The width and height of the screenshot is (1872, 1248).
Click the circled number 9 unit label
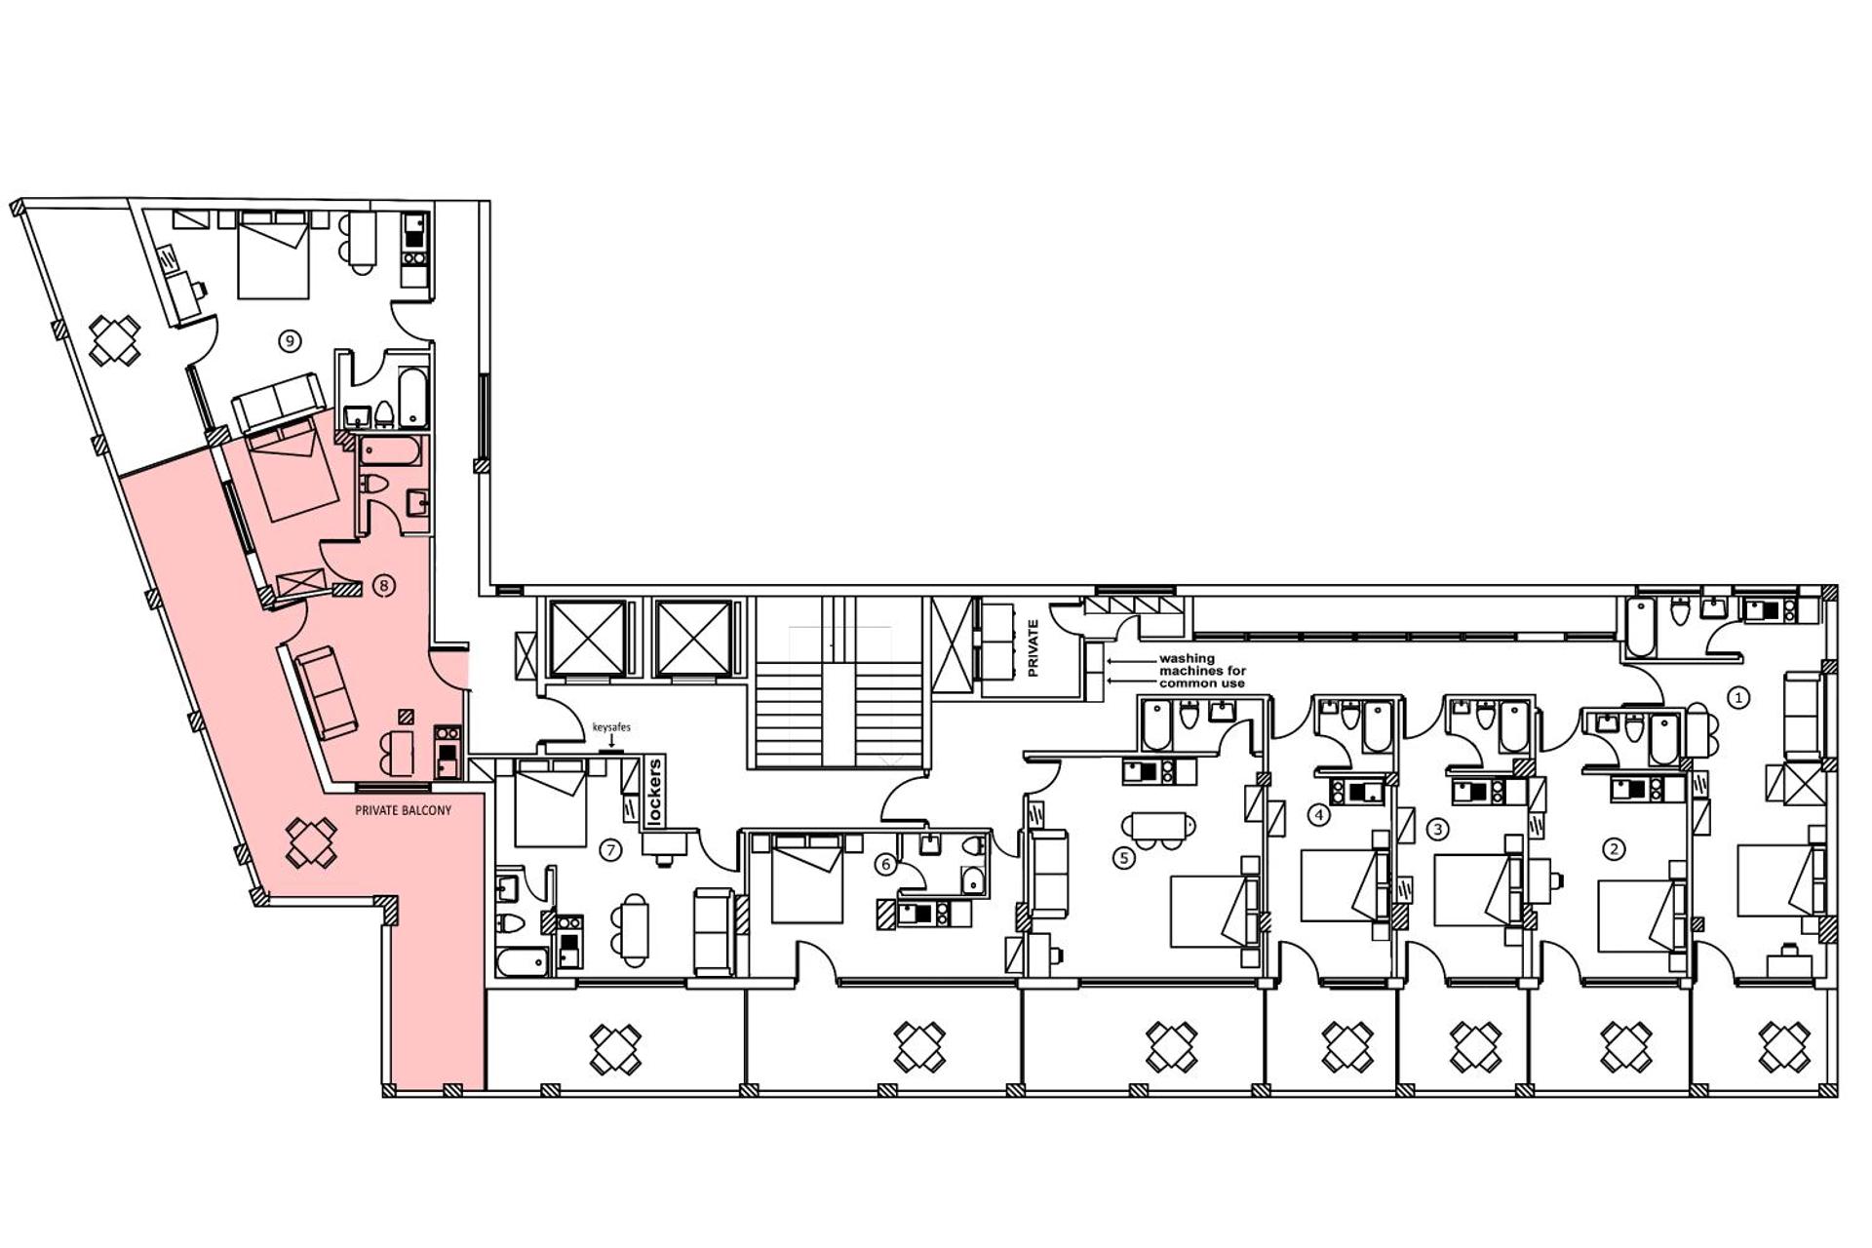[x=289, y=340]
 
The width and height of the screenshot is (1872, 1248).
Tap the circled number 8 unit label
[x=385, y=586]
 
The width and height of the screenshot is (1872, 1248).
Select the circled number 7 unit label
[x=611, y=850]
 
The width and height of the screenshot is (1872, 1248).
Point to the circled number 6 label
[x=886, y=864]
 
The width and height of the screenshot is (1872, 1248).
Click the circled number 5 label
[x=1124, y=859]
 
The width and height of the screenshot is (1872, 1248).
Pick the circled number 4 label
[x=1319, y=814]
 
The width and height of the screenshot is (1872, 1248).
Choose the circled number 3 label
[x=1437, y=830]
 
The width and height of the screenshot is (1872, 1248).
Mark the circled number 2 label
[x=1614, y=849]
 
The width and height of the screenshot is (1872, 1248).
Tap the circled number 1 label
[x=1737, y=697]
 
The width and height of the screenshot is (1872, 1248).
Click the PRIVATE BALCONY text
[x=403, y=810]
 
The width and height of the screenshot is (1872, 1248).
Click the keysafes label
[x=611, y=727]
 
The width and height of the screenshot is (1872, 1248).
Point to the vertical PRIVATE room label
[x=1033, y=648]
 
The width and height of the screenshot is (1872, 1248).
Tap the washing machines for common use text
[x=1201, y=671]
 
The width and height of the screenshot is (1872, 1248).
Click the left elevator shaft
[x=588, y=639]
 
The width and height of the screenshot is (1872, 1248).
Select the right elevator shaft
[x=693, y=639]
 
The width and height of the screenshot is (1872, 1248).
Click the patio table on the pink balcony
[x=311, y=842]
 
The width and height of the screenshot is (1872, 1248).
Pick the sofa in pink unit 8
[x=327, y=692]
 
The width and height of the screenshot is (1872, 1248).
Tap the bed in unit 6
[x=806, y=877]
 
